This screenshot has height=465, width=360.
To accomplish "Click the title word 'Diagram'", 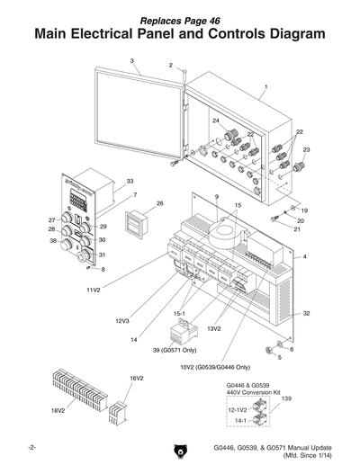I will coord(283,34).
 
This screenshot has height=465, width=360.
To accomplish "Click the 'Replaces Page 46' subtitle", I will coord(179,18).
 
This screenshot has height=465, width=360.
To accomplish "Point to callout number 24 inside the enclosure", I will coord(216,121).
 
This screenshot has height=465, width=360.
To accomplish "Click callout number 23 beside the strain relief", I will coord(306,149).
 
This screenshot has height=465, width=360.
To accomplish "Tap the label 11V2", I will coord(94,291).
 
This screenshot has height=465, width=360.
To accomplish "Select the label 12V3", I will coord(121,320).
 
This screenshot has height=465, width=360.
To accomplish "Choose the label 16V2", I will coord(137,379).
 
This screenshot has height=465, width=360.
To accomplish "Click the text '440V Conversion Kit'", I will coord(247,393).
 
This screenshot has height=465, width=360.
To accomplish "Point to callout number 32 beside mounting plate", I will coord(306,314).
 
